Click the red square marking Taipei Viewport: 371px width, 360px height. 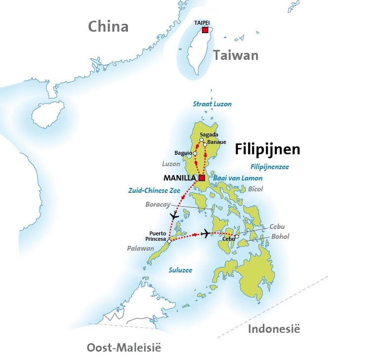point(205,31)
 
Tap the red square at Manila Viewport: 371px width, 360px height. point(202,178)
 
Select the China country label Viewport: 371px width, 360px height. point(108,27)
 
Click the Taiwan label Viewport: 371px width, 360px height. point(236,55)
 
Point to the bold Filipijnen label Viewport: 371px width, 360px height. point(268,149)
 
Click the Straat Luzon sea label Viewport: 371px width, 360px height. point(212,104)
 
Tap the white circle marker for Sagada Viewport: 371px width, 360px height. point(202,140)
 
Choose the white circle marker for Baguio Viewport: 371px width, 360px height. point(195,153)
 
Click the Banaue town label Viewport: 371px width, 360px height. point(217,142)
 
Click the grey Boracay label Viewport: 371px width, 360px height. point(158,204)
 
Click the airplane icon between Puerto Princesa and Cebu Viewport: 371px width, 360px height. point(205,232)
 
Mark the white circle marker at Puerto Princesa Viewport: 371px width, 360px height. point(169,241)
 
